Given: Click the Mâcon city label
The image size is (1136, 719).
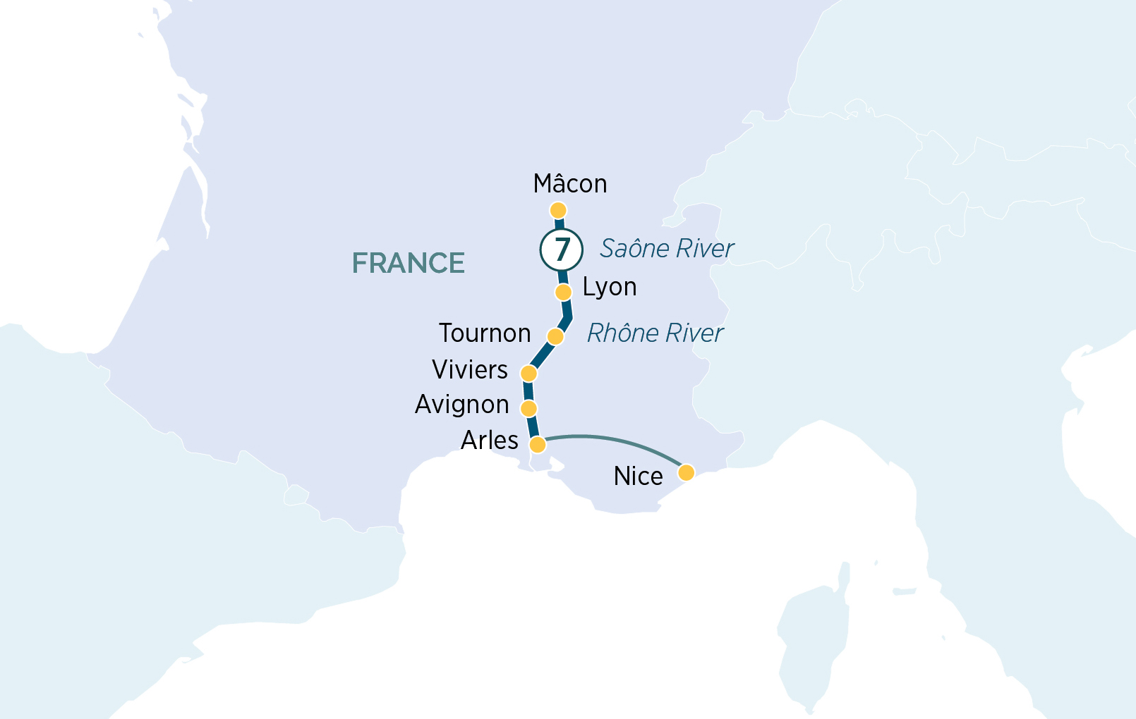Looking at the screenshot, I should tap(570, 184).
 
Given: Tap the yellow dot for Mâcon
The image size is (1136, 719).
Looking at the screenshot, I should tap(558, 210).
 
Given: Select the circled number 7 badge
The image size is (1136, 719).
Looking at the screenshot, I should tap(562, 250).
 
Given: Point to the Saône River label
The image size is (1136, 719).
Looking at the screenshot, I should tap(667, 249).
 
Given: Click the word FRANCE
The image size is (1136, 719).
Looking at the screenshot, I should tap(409, 264).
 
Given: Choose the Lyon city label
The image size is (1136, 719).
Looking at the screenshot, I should tap(610, 288).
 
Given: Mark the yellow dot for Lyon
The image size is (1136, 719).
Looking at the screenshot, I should tap(563, 292).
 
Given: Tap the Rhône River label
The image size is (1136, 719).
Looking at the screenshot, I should tap(655, 333).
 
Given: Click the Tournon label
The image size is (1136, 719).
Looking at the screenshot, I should tap(485, 333).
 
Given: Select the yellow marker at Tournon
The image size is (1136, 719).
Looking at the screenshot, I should tap(555, 336).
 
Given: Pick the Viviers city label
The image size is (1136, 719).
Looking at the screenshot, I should tap(470, 370).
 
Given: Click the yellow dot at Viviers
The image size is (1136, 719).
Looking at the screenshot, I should tap(528, 373).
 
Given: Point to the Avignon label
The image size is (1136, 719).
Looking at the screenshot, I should tap(462, 405).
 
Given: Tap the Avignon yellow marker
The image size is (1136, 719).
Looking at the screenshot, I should tap(528, 408).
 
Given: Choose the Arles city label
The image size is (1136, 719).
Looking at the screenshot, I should tap(490, 441).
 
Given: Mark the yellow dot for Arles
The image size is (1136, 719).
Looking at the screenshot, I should tap(538, 444).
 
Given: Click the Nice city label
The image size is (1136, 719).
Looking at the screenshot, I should tap(639, 477).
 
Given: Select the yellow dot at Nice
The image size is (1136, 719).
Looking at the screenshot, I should tap(686, 472).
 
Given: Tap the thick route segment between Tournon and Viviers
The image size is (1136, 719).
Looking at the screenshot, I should tap(542, 355).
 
